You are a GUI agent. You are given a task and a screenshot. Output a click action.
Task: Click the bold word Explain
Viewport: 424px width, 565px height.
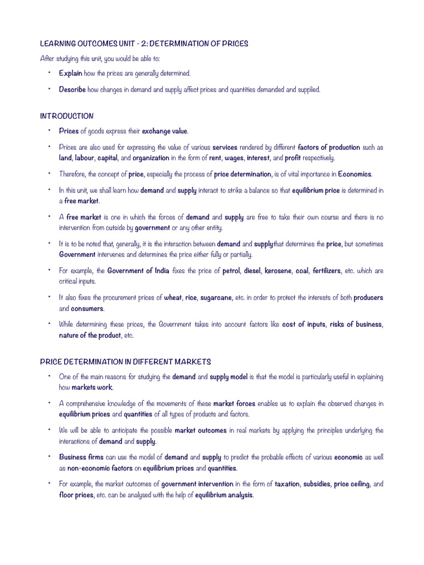[71, 73]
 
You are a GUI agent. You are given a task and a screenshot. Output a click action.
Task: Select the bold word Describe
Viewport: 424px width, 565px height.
[72, 89]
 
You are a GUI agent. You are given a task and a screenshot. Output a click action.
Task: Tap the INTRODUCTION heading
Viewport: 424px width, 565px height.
[67, 116]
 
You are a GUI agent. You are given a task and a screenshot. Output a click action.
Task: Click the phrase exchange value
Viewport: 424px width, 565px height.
[165, 131]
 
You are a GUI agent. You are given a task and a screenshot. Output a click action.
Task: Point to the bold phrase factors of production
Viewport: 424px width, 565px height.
[329, 147]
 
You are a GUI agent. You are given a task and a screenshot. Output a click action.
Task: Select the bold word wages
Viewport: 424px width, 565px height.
[234, 158]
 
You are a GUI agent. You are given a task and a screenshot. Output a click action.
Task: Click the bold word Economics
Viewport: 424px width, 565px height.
[355, 174]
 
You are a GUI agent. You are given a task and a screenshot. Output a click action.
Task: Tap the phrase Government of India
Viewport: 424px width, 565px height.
[138, 271]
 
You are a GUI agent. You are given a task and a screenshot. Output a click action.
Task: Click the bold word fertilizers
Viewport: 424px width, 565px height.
[327, 271]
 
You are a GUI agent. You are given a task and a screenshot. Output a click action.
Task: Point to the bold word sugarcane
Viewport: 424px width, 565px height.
[216, 298]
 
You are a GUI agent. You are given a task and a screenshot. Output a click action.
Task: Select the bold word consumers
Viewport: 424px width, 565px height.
[87, 308]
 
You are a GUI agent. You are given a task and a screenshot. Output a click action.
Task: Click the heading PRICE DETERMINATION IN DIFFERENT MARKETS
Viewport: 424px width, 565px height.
[126, 362]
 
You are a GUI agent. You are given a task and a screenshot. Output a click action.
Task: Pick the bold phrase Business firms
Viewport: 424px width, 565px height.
[81, 457]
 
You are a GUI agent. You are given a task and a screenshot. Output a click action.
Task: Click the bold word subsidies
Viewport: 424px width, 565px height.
[316, 484]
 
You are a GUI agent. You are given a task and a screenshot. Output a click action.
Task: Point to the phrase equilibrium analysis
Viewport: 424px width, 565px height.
[224, 495]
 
